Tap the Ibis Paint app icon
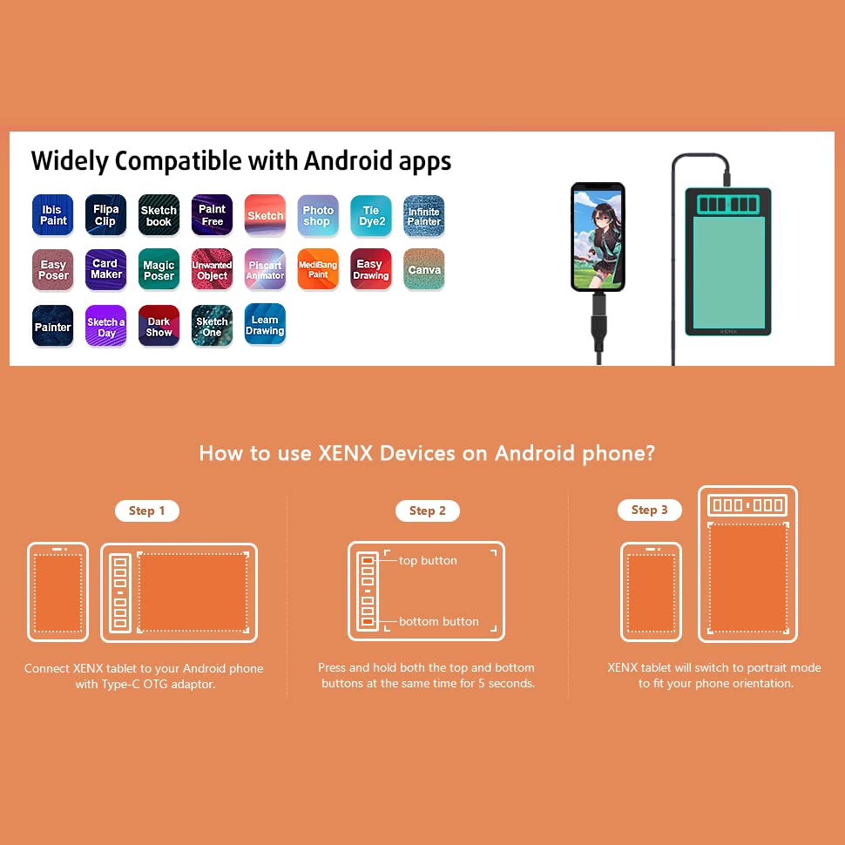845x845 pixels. pos(53,215)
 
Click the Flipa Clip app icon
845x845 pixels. pos(105,215)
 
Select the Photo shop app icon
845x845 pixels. pos(318,215)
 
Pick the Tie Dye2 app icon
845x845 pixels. pos(371,215)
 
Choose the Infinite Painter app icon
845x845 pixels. pos(424,215)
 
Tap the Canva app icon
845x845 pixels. pos(424,269)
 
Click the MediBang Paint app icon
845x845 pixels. pos(318,269)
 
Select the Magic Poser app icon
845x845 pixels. pos(159,269)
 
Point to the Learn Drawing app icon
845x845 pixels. pos(265,324)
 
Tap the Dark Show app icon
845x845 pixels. pos(159,326)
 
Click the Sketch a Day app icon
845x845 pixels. pos(105,326)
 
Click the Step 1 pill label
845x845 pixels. pos(147,510)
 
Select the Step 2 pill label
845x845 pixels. pos(428,510)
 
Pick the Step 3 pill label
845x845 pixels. pos(649,510)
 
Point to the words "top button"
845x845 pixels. pos(428,560)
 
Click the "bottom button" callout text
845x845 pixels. pos(439,621)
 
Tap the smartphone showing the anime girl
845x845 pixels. pos(598,237)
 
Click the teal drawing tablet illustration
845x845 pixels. pos(728,261)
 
